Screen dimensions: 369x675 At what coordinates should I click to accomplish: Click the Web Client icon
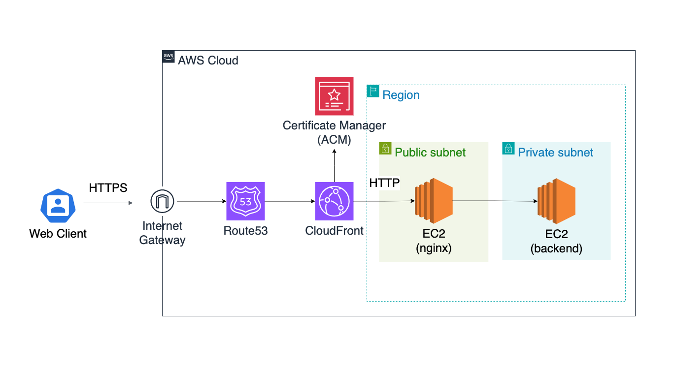(x=58, y=206)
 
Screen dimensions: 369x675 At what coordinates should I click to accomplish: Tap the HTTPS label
(x=108, y=188)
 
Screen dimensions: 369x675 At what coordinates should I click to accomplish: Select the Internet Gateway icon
(x=162, y=201)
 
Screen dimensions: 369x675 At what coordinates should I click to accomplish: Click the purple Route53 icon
(x=245, y=201)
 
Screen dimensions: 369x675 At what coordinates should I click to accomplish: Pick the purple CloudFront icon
(x=334, y=201)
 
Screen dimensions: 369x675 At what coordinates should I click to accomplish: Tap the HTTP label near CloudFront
(x=384, y=183)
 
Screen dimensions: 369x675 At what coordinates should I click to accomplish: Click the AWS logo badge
(x=169, y=57)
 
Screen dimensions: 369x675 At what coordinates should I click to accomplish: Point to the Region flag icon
(x=373, y=91)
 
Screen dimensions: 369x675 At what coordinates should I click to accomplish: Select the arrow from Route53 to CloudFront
(x=290, y=201)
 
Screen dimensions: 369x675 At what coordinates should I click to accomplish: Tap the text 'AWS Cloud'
(x=208, y=61)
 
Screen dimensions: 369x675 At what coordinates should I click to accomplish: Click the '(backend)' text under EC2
(x=556, y=248)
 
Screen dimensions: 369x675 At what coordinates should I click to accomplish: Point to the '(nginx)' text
(x=434, y=248)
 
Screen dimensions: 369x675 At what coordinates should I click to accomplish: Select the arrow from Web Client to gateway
(x=108, y=203)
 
